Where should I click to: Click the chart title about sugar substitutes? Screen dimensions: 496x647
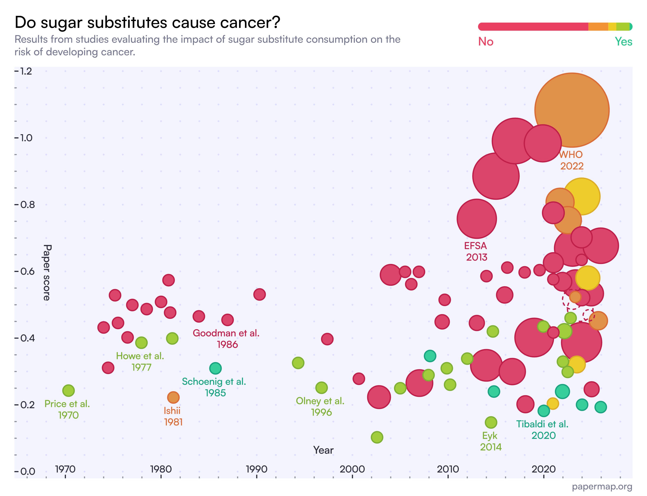147,22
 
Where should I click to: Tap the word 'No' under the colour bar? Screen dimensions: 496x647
485,42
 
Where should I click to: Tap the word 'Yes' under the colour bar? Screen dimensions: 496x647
623,42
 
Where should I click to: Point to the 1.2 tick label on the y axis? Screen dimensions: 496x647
26,71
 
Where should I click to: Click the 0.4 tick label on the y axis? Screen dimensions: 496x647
27,338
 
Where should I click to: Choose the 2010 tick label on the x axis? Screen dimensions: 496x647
448,469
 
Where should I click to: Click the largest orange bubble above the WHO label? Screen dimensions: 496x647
572,110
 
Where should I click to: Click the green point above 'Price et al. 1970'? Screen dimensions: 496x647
69,391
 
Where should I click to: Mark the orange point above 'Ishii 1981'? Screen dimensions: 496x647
173,397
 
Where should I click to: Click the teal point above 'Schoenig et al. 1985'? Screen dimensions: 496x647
215,368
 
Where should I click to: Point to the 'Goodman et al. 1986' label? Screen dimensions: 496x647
226,339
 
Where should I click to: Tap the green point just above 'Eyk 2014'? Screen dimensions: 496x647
491,423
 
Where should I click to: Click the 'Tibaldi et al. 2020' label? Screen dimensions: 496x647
542,430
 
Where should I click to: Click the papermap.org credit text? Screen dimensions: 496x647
602,487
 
